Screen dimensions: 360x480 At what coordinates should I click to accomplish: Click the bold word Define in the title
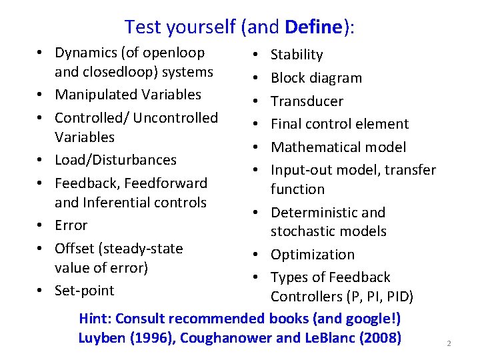[x=313, y=27]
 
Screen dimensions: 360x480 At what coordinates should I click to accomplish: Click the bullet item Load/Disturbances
[x=115, y=160]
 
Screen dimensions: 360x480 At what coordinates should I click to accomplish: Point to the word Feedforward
[x=172, y=183]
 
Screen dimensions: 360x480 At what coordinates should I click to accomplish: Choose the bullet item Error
[x=71, y=225]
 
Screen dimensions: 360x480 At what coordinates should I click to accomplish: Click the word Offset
[x=75, y=249]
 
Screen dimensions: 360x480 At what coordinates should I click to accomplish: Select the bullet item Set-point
[x=85, y=291]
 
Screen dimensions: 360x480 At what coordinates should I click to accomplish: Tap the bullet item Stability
[x=297, y=55]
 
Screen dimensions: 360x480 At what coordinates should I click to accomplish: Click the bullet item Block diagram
[x=316, y=78]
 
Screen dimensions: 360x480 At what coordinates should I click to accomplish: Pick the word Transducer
[x=307, y=101]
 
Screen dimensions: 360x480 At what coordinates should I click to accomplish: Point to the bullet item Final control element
[x=339, y=124]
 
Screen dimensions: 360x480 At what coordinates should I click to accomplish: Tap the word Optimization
[x=313, y=255]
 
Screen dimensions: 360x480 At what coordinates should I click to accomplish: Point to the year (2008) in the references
[x=380, y=338]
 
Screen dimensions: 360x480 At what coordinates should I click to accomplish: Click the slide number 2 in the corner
[x=449, y=343]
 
